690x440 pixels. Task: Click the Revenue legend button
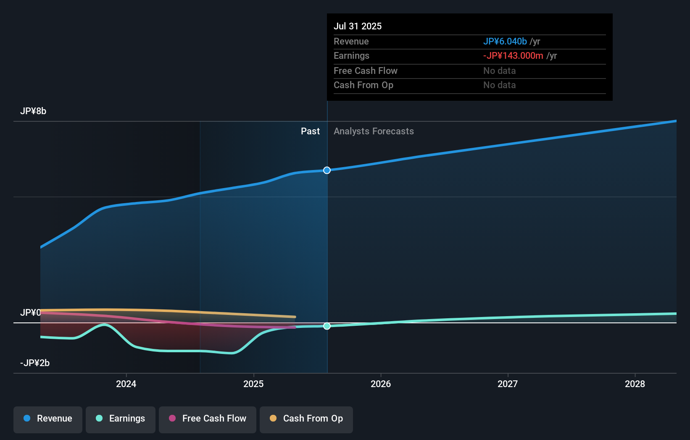coord(48,419)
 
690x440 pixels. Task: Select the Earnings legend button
coord(121,419)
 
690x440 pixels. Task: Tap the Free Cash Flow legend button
coord(208,419)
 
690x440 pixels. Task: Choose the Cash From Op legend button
coord(306,419)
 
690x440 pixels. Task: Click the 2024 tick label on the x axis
coord(126,384)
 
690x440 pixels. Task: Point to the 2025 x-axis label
coord(253,384)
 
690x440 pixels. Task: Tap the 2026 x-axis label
coord(381,384)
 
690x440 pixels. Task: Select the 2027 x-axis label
coord(508,384)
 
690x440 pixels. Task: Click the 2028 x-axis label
coord(635,384)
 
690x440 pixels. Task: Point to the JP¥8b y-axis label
coord(33,111)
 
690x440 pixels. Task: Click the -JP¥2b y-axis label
coord(35,363)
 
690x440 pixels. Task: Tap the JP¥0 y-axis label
coord(30,313)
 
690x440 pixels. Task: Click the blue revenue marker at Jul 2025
coord(327,170)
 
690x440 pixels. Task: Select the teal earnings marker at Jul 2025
coord(327,326)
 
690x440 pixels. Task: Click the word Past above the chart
coord(310,131)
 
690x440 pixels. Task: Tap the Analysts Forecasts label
coord(374,131)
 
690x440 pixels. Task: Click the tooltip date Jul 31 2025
coord(358,26)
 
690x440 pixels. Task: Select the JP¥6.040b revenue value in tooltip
coord(505,41)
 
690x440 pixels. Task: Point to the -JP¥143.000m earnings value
coord(513,56)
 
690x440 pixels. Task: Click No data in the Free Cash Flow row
coord(499,71)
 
